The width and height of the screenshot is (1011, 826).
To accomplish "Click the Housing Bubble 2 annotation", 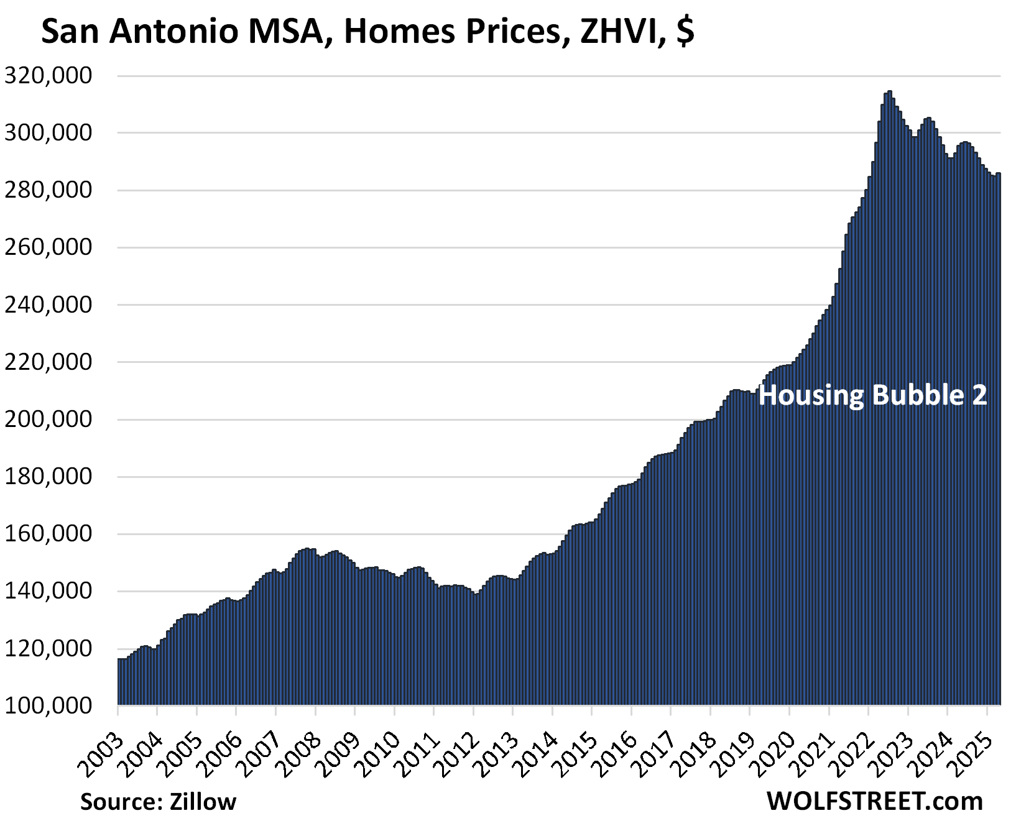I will pos(872,395).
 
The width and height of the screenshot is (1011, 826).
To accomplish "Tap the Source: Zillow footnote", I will pos(158,802).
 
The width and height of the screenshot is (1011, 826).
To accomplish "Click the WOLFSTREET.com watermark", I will pos(875,801).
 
